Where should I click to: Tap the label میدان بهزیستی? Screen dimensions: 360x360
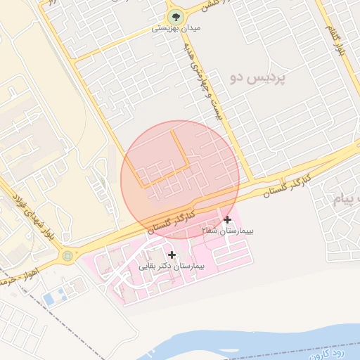point(172,30)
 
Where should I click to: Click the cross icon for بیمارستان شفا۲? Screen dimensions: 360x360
point(227,220)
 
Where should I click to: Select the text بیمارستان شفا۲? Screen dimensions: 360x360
point(228,231)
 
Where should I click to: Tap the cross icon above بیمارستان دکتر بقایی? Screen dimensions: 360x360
point(172,255)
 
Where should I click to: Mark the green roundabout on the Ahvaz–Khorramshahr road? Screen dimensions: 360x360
point(67,257)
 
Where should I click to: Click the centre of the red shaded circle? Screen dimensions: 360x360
point(180,179)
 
